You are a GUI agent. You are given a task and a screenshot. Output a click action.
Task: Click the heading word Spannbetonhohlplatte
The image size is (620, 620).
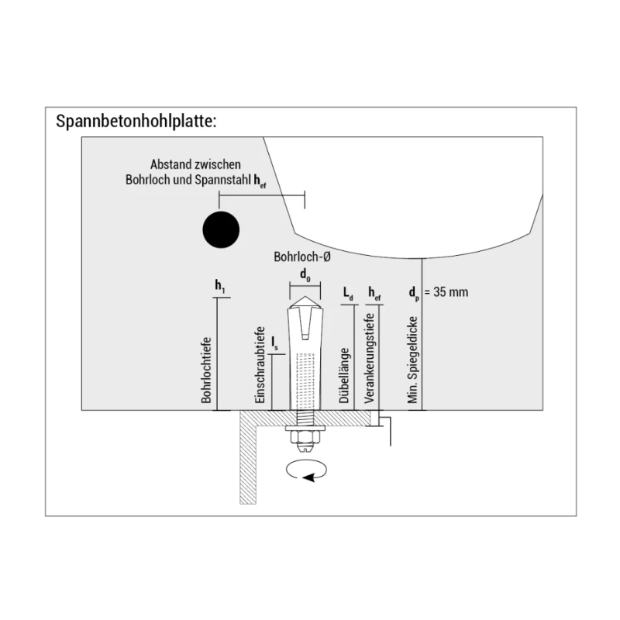136,122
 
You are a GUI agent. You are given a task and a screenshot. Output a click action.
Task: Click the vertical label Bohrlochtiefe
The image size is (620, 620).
207,370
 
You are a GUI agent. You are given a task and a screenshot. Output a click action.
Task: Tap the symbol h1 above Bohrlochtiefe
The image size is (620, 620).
219,286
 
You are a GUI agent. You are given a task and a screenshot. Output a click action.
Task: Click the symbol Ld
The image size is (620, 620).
348,293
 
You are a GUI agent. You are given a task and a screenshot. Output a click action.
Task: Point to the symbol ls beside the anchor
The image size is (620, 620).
275,342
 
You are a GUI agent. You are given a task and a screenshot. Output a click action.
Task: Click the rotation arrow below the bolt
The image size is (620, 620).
307,470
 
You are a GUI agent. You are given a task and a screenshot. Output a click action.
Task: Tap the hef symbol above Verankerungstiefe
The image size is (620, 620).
374,293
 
